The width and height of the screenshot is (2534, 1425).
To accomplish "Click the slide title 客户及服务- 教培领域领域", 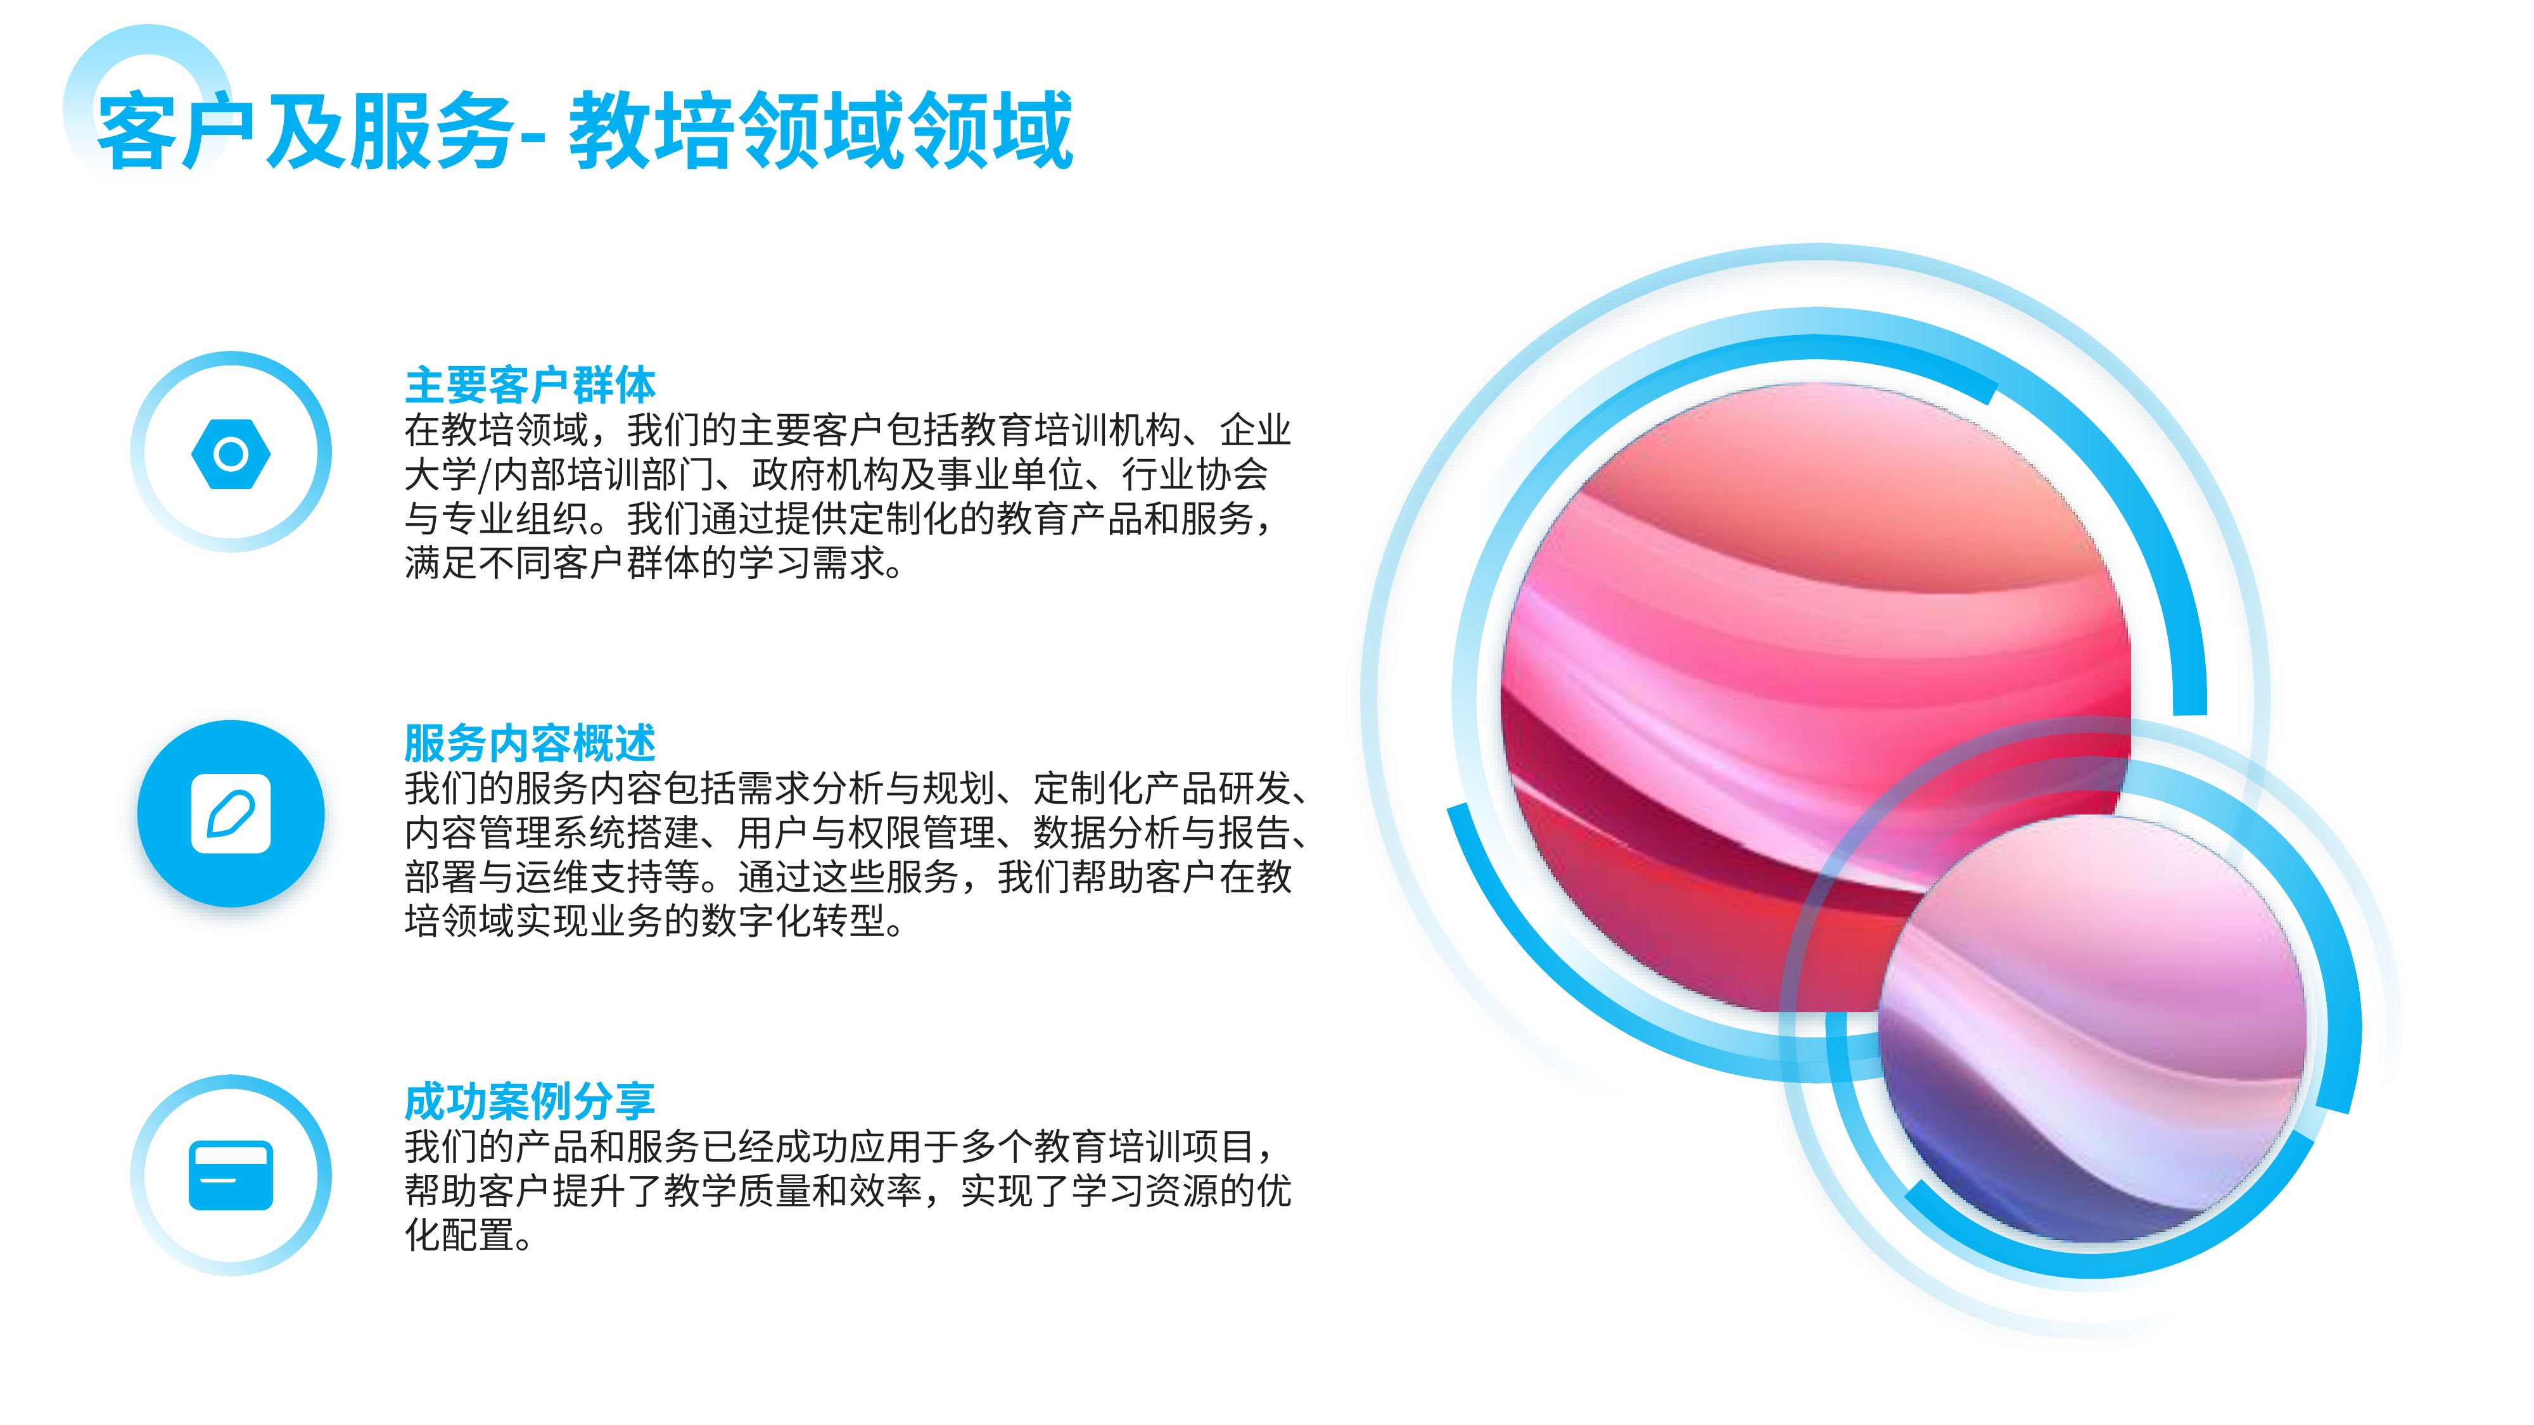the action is [x=584, y=131].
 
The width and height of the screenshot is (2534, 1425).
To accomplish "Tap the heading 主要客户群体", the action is [x=530, y=384].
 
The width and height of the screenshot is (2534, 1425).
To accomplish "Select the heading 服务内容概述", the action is [x=530, y=742].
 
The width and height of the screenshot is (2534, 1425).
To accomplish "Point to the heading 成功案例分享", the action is [x=530, y=1101].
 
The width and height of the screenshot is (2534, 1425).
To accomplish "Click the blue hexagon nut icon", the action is [x=231, y=453].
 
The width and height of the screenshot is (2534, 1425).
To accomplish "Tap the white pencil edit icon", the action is [x=231, y=813].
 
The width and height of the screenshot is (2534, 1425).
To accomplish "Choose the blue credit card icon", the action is [x=231, y=1175].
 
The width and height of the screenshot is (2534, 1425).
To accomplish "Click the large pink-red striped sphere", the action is [x=1816, y=688].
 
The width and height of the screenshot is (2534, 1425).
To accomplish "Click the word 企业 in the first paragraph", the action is [x=1255, y=431].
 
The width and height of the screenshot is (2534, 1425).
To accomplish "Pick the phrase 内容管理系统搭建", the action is [x=552, y=833].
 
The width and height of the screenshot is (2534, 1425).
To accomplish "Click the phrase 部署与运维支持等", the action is [x=552, y=877].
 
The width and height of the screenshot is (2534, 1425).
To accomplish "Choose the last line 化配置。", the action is [x=469, y=1235].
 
